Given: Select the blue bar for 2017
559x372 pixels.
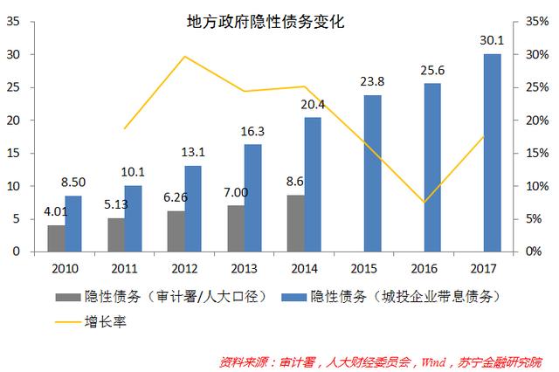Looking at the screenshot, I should tap(492, 153).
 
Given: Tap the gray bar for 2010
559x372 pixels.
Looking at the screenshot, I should tap(56, 238).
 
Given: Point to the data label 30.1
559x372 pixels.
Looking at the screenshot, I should tap(492, 40).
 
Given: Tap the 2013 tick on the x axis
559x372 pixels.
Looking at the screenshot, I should tap(244, 266).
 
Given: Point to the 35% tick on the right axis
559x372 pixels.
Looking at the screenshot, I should tap(537, 22).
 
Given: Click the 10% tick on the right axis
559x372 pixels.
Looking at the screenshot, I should tap(537, 186).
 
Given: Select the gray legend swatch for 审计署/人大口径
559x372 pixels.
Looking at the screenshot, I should tap(67, 297).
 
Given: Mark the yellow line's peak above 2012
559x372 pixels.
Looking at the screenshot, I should tap(184, 57).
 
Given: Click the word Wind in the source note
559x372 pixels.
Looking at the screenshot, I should tap(434, 360).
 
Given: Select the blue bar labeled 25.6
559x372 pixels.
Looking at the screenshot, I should tap(431, 167).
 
